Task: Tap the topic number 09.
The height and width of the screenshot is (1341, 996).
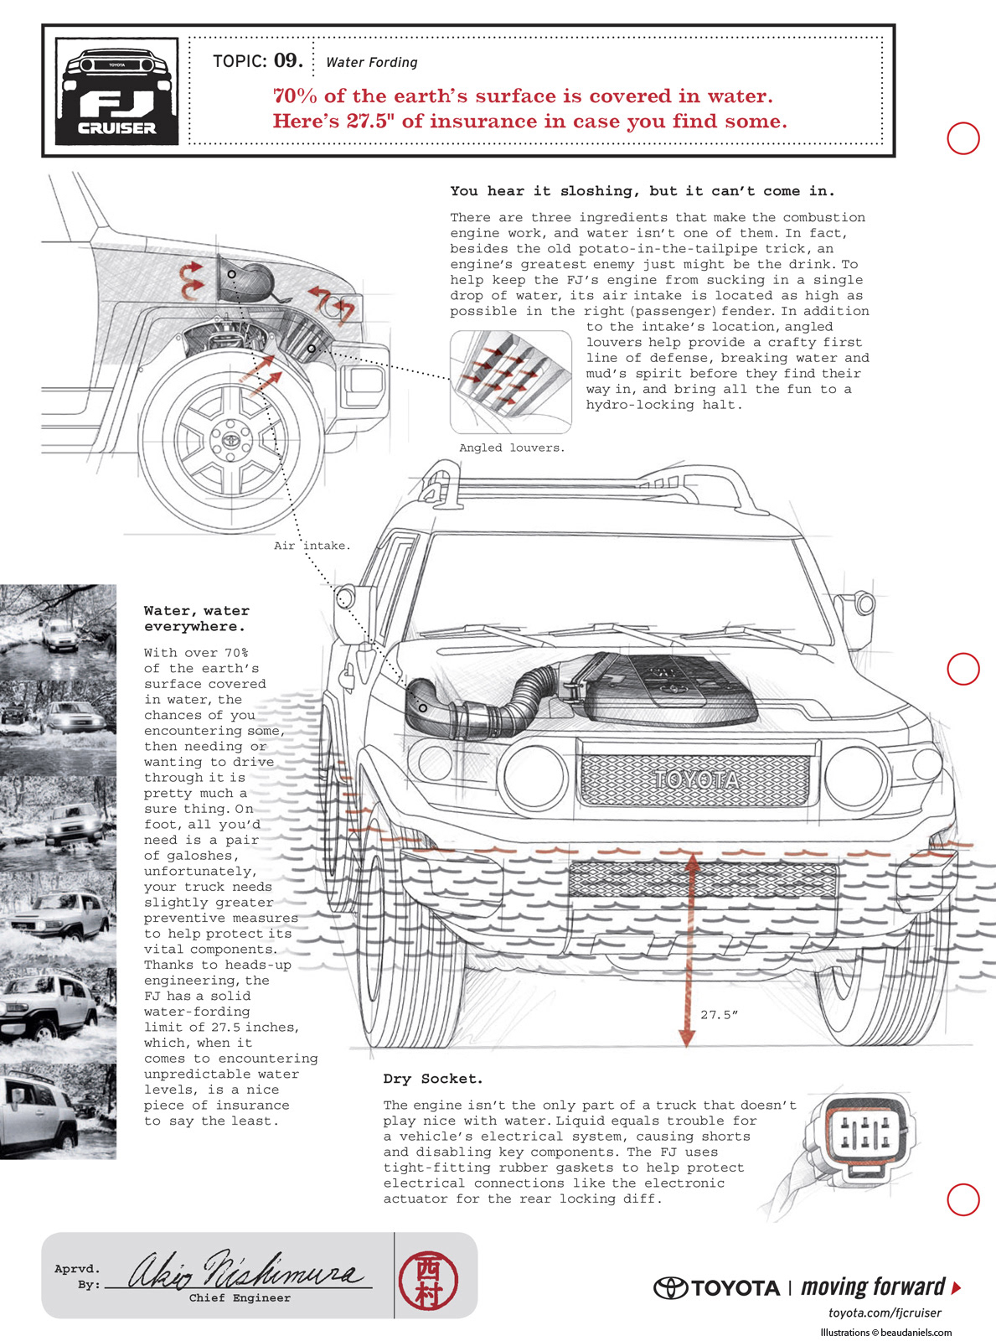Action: click(x=287, y=60)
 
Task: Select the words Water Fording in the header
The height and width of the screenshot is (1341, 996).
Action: click(x=371, y=62)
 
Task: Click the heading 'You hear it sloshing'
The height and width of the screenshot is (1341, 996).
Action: click(x=642, y=191)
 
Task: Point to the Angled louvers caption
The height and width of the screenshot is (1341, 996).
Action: click(x=512, y=448)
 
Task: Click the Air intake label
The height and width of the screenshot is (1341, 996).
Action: click(x=312, y=546)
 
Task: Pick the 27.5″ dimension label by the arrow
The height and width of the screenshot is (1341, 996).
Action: click(x=719, y=1015)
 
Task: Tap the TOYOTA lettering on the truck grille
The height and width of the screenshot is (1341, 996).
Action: click(x=696, y=780)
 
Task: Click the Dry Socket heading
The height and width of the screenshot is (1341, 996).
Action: click(x=433, y=1079)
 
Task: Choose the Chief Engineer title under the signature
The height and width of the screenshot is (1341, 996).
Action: click(x=240, y=1298)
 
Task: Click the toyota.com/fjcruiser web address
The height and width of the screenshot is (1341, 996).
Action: click(x=885, y=1313)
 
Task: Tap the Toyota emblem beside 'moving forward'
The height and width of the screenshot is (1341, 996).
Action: click(x=670, y=1287)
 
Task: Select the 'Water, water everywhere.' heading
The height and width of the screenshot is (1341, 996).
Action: click(x=196, y=619)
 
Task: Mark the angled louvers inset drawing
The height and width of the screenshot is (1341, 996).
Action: click(x=511, y=381)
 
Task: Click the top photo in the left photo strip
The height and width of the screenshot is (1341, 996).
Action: click(x=58, y=629)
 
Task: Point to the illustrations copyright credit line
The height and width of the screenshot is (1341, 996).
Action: click(x=885, y=1332)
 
